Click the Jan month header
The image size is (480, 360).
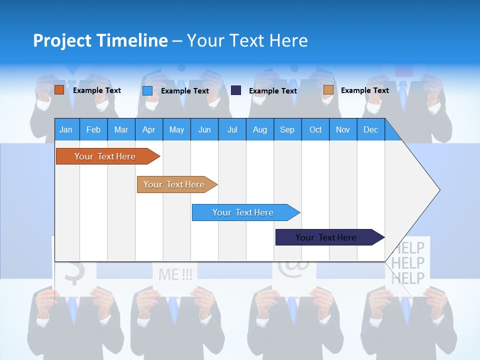point(66,129)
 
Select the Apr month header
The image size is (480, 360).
point(148,129)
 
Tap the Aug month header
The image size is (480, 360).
point(259,129)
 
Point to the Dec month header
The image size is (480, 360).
point(370,129)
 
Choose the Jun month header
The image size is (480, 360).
point(204,129)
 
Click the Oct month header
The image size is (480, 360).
point(315,129)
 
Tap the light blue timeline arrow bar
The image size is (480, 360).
point(243,212)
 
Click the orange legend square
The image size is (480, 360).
point(59,90)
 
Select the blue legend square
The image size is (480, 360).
point(147,90)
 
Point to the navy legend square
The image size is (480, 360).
point(236,90)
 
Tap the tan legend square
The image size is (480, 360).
point(328,90)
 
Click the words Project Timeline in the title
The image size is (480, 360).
point(100,40)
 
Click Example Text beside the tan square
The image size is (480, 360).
point(364,90)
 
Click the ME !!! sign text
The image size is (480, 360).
point(175,274)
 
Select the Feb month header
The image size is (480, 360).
point(93,129)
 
